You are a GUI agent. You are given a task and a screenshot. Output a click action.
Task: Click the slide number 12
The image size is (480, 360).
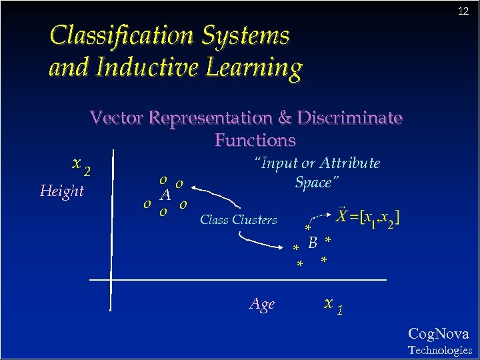coord(463,11)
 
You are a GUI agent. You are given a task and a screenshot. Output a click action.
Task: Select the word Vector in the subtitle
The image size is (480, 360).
coord(115,118)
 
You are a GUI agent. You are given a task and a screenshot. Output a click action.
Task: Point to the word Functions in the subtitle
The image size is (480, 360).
coord(255,140)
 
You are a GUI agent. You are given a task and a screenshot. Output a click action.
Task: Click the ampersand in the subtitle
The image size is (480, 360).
coord(284,118)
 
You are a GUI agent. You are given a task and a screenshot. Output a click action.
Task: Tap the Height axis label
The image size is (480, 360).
coord(62,191)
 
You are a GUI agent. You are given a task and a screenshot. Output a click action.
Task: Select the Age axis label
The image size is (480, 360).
coord(262,305)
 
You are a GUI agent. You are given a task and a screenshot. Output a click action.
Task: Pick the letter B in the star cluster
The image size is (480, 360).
coord(312,243)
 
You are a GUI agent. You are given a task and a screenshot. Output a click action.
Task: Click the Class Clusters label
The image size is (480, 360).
coord(239,220)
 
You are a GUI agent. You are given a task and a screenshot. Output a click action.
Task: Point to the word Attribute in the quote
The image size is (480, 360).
coord(349,163)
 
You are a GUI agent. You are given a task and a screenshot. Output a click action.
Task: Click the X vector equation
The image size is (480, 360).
coord(368,217)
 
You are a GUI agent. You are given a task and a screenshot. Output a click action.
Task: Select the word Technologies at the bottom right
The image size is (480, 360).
coord(439,350)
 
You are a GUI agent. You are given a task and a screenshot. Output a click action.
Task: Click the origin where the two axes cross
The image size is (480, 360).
coord(111,279)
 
